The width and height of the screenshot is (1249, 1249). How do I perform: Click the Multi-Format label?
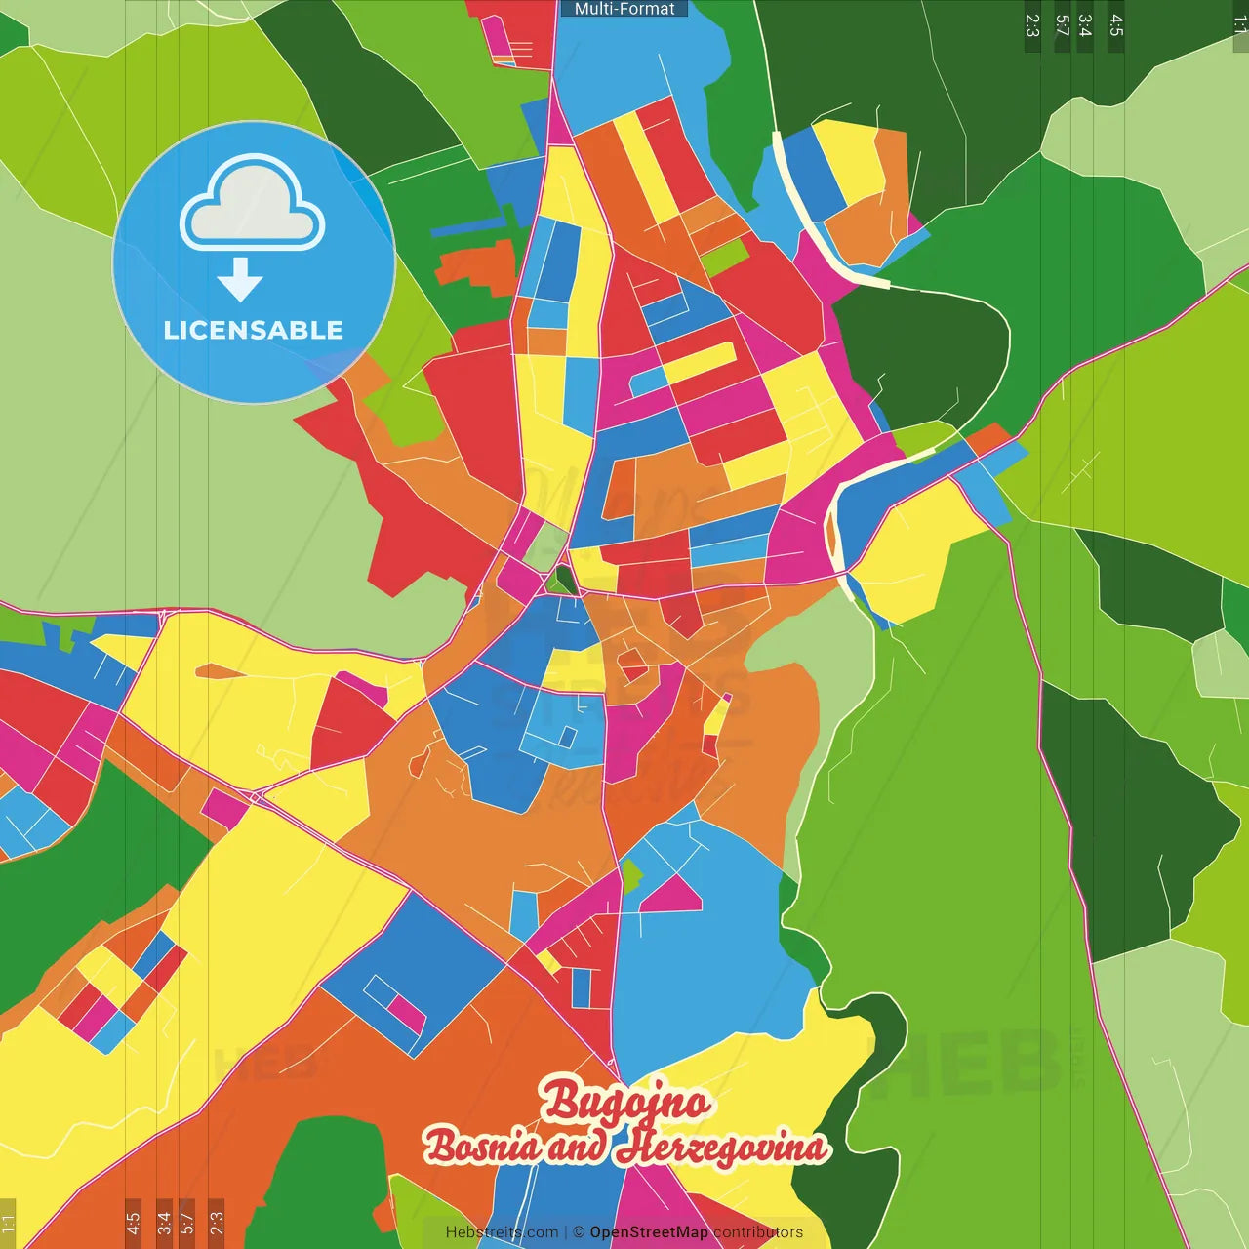(624, 9)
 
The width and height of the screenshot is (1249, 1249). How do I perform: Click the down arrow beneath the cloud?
(240, 280)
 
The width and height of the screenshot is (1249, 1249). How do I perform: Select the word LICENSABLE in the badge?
(254, 330)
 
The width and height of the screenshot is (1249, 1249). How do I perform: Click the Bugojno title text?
(624, 1102)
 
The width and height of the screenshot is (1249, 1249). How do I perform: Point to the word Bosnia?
(481, 1146)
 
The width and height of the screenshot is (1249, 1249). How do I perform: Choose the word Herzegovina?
(721, 1147)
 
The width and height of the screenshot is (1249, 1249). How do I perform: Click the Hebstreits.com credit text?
(503, 1232)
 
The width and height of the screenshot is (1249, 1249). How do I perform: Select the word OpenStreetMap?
(649, 1232)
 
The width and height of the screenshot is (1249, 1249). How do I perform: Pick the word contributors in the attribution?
(758, 1232)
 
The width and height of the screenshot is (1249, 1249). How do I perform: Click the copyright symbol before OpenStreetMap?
(579, 1232)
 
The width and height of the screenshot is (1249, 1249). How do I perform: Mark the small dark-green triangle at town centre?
(562, 581)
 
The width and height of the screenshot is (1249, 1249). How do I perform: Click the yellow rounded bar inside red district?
(699, 362)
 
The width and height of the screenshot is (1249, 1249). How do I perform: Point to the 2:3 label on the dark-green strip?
(1032, 25)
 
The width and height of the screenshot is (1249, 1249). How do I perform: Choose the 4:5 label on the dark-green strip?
(1116, 25)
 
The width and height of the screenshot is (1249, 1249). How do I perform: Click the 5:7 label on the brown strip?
(186, 1222)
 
